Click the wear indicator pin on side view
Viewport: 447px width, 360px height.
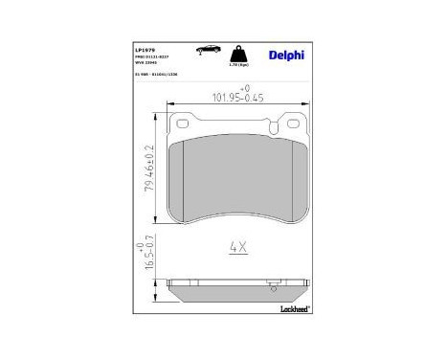[x=273, y=283]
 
